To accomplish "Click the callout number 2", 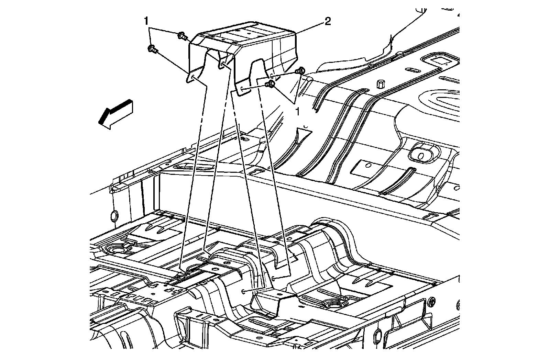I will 327,22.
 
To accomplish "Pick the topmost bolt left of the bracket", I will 182,35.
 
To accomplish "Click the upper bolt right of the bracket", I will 300,71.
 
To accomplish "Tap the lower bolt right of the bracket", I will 271,84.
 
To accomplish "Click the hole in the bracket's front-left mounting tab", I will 193,77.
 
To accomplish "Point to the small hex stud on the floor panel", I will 380,83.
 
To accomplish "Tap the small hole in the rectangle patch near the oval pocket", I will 368,165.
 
